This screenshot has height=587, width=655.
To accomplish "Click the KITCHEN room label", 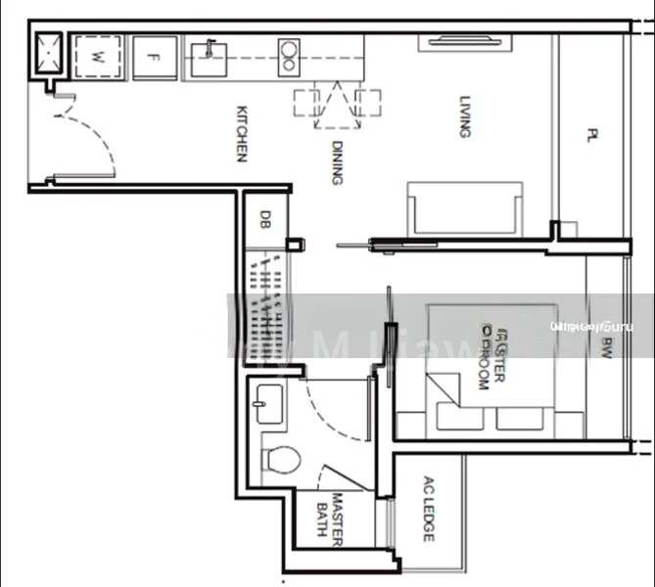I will [x=240, y=134].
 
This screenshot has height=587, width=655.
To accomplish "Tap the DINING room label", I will [x=336, y=162].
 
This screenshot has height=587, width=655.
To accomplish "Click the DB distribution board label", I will [x=264, y=220].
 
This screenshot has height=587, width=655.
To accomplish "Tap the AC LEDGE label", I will [x=428, y=509].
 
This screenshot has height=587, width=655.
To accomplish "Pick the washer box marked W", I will [x=97, y=58].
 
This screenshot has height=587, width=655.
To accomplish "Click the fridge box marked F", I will [x=154, y=58].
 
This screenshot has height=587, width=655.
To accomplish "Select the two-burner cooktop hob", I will [x=289, y=56].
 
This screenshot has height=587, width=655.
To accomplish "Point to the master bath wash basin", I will [x=266, y=402].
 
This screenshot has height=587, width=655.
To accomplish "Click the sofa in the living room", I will [x=464, y=207].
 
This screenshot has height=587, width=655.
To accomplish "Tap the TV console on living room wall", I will [x=464, y=40].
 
